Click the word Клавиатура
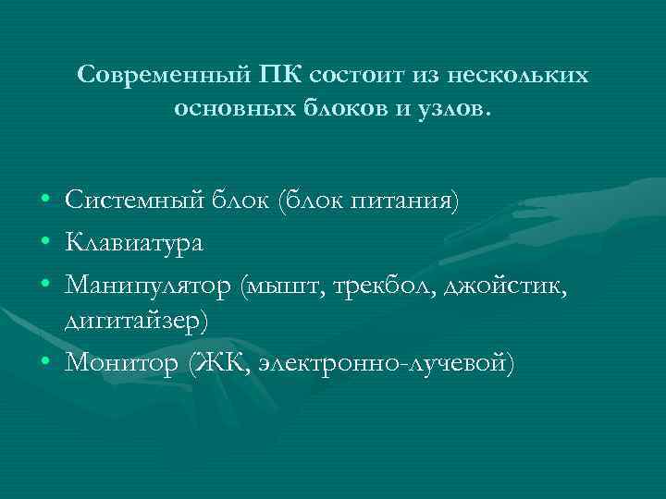(135, 244)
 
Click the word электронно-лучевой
(383, 362)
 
